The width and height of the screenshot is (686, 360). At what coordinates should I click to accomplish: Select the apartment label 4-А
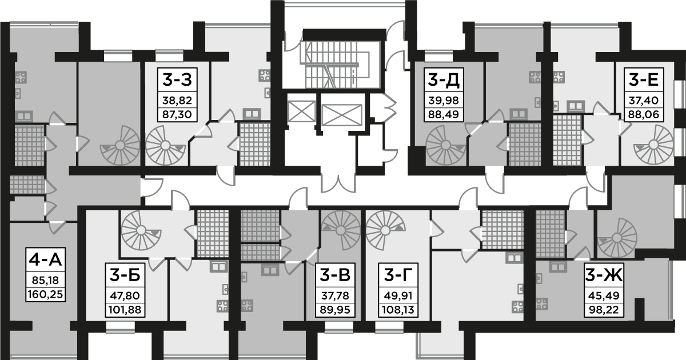(45, 261)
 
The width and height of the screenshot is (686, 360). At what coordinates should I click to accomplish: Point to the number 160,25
(45, 295)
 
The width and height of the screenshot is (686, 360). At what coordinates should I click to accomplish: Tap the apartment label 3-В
(335, 276)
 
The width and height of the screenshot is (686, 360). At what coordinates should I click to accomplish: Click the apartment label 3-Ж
(603, 276)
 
